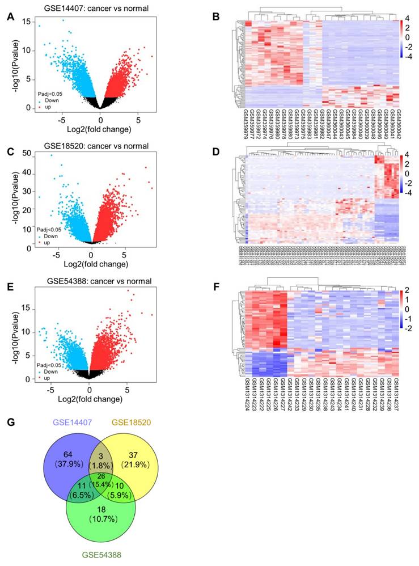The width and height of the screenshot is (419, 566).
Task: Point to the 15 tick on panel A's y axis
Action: click(26, 21)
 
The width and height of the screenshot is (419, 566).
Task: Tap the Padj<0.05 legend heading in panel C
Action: click(44, 229)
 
